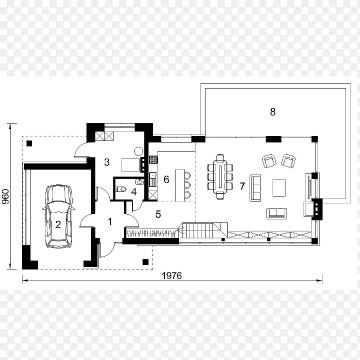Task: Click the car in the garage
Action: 58,216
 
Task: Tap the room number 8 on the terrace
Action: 272,112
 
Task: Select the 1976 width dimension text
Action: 171,275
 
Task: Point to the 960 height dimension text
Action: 5,196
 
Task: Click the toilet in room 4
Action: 121,189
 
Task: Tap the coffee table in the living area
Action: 279,188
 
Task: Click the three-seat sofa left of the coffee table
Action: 255,188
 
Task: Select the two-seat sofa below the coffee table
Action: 276,213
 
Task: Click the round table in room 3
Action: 138,151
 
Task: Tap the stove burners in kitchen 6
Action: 153,159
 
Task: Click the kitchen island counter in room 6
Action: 180,185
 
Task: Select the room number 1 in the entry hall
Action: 110,221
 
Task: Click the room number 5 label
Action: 158,214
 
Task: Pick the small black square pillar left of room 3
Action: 29,143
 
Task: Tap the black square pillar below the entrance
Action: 145,262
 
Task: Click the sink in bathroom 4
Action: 140,182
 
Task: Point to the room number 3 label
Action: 107,162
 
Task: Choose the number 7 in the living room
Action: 242,186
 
